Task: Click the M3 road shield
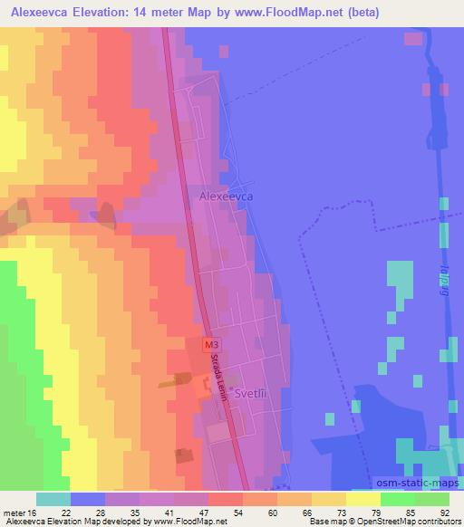(x=210, y=345)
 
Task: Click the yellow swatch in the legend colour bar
(x=363, y=499)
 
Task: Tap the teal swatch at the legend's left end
(x=53, y=499)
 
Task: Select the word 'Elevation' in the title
(x=108, y=12)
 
